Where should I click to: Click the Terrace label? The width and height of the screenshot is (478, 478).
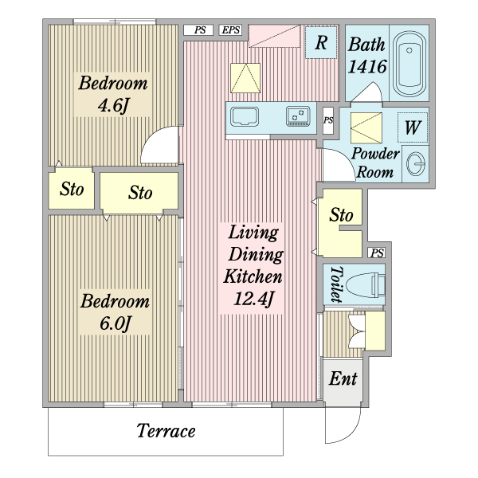coord(166,432)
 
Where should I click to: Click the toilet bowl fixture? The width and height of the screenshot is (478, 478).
coord(367,284)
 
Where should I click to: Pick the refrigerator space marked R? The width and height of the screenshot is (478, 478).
coord(321,43)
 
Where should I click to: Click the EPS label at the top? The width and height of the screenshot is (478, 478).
coord(231,30)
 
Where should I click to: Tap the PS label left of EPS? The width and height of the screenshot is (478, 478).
coord(199,30)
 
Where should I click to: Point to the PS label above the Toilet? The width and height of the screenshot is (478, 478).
coord(378,253)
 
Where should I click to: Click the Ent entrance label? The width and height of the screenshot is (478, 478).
coord(343,378)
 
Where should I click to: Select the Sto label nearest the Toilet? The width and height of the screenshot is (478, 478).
coord(341,215)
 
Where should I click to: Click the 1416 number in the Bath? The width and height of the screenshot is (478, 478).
coord(366,67)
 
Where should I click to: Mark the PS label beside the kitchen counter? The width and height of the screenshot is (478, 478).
coord(328,121)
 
